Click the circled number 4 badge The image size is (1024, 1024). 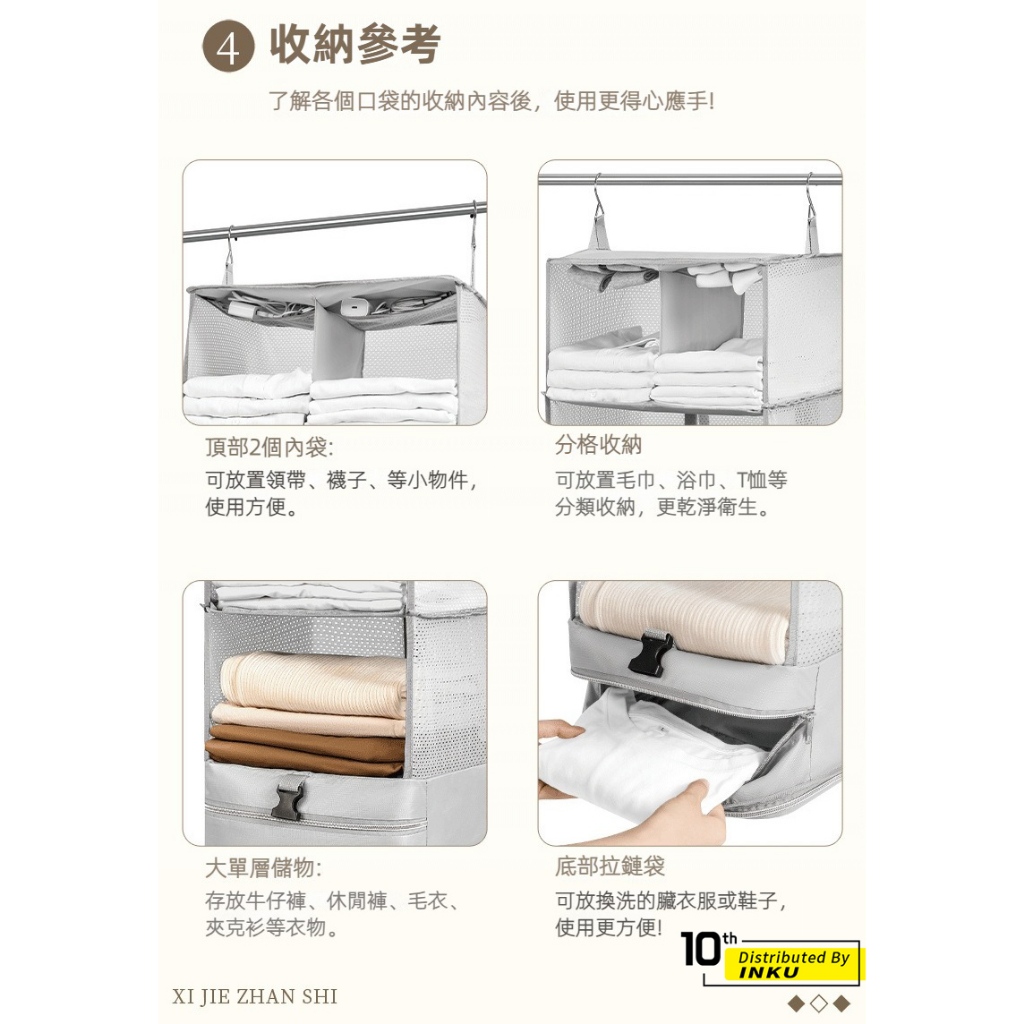point(228,48)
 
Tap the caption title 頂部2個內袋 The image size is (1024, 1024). point(269,447)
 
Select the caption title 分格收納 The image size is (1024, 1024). point(598,444)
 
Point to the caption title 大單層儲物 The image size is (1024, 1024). point(263,868)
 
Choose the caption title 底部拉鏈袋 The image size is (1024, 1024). point(610,866)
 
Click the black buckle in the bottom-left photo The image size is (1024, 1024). point(287,802)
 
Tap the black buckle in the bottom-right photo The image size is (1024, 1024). point(650,653)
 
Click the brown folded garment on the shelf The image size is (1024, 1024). point(306,748)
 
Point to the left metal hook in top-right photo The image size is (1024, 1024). point(598,199)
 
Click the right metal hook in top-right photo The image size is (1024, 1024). point(810,197)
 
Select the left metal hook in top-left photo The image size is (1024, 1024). point(229,249)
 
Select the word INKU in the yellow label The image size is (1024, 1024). point(768,972)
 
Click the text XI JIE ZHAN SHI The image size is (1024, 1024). point(255,996)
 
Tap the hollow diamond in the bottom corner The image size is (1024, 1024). point(818,1002)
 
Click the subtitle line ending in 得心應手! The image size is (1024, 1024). point(492,101)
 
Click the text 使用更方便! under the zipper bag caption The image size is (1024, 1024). point(609,927)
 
